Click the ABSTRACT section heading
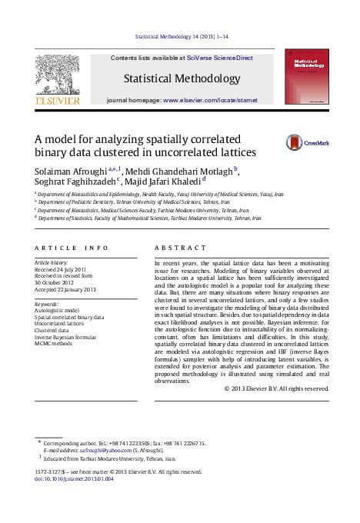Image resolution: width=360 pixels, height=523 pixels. tap(180, 248)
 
